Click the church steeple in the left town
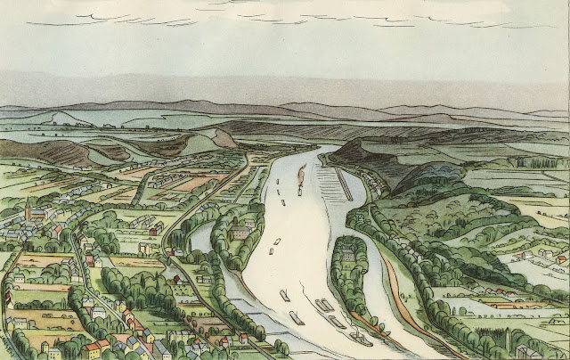pyautogui.click(x=28, y=210)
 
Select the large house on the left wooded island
pyautogui.click(x=240, y=233)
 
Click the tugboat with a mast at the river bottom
pyautogui.click(x=360, y=339)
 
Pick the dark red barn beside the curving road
pyautogui.click(x=153, y=231)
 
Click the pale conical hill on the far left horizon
pyautogui.click(x=59, y=116)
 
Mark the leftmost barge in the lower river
pyautogui.click(x=285, y=295)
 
